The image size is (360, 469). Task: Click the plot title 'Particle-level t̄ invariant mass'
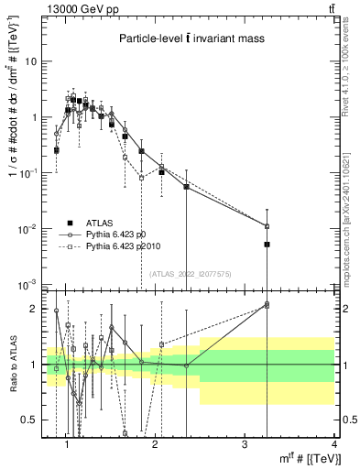[x=191, y=38]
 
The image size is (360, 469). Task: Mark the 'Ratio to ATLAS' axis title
[x=12, y=364]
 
